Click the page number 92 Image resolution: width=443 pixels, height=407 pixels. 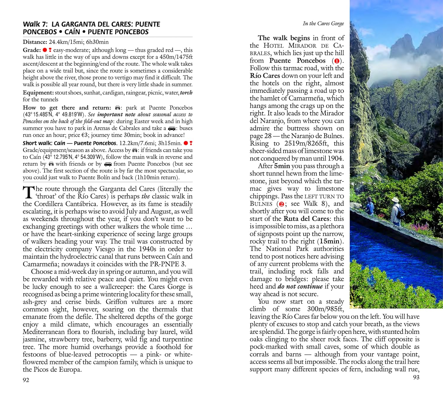(26, 380)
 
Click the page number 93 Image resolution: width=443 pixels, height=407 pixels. (416, 377)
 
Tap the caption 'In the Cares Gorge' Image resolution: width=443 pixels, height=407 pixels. (323, 24)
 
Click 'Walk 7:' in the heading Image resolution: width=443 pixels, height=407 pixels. (35, 24)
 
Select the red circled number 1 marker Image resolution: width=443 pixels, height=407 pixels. (336, 61)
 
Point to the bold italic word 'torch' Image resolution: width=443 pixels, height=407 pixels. (186, 93)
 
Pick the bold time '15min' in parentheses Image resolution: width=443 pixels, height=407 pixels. (330, 241)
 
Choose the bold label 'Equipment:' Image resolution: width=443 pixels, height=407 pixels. (38, 93)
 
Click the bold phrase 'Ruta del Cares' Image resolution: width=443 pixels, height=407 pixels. (306, 219)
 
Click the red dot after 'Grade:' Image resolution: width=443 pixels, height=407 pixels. (45, 50)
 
